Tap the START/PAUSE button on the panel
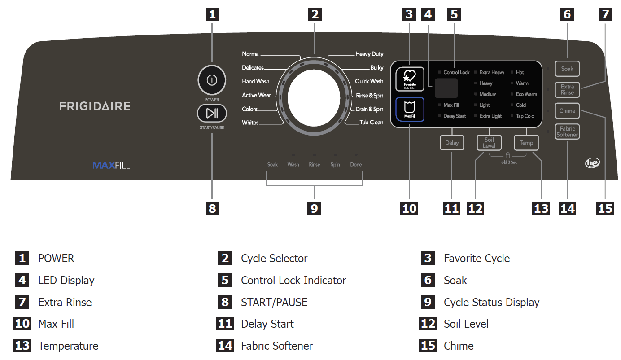[x=212, y=113]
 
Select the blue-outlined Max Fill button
[x=409, y=110]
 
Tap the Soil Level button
[x=489, y=143]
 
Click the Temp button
[x=526, y=143]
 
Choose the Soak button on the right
[x=567, y=69]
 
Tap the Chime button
[x=567, y=110]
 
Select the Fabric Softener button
[x=567, y=132]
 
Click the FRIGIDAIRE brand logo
[x=95, y=106]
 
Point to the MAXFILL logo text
[x=111, y=165]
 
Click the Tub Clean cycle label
[x=371, y=122]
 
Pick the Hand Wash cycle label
[x=255, y=81]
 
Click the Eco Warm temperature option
[x=526, y=94]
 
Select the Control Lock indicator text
[x=456, y=72]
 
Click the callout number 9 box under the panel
[x=314, y=208]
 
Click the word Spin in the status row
[x=335, y=165]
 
